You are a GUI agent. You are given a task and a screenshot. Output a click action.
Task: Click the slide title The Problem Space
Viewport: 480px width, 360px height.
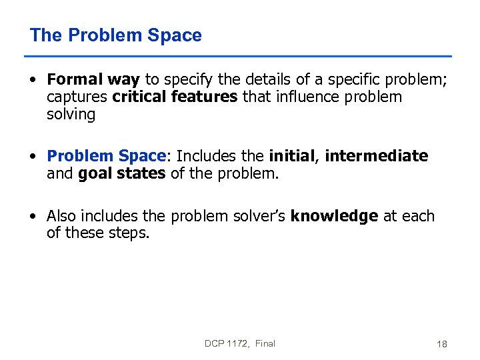(x=115, y=35)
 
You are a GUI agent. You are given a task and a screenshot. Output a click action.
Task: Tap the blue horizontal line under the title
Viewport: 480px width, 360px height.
(x=240, y=56)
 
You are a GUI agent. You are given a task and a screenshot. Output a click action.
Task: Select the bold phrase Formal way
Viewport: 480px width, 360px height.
(x=93, y=80)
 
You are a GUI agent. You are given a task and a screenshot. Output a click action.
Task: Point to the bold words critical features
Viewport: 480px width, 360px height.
(x=175, y=97)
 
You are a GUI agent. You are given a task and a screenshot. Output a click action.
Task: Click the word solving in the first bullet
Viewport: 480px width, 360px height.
(x=71, y=115)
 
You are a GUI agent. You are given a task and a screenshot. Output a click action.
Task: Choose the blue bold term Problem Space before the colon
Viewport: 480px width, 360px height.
(x=105, y=156)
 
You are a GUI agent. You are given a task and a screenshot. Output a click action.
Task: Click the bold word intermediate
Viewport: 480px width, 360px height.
(x=376, y=156)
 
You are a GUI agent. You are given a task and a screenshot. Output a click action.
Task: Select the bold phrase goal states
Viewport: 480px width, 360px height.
(x=121, y=173)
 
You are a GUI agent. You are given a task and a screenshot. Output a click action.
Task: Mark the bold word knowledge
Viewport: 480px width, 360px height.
(x=334, y=216)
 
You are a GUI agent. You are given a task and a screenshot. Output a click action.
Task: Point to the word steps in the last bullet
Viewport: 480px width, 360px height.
(x=128, y=233)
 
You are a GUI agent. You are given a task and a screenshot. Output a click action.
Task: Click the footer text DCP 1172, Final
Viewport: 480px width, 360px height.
(x=240, y=343)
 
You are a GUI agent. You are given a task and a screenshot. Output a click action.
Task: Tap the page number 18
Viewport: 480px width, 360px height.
(x=441, y=344)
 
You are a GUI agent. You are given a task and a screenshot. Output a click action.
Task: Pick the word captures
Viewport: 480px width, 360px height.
(x=77, y=97)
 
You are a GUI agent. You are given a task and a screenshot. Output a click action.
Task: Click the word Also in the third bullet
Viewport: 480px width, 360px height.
(x=61, y=216)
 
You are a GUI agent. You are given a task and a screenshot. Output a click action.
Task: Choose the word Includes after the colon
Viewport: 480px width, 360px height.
(x=206, y=156)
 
